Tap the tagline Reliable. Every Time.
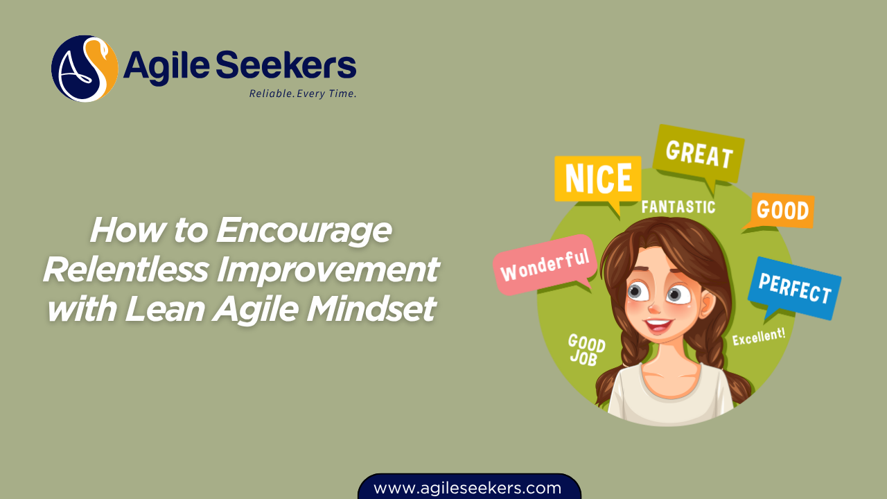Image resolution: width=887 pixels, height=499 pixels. click(x=303, y=94)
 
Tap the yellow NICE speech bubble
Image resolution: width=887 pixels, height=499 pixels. click(x=597, y=179)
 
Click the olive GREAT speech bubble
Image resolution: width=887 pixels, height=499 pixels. click(x=699, y=153)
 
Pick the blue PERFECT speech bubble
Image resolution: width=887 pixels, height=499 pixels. click(x=794, y=288)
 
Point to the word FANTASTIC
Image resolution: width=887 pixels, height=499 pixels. click(x=678, y=207)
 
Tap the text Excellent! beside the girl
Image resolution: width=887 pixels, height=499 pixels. click(x=759, y=336)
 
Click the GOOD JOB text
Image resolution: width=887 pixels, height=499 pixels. click(x=586, y=349)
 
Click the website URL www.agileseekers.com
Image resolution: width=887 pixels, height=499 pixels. click(x=468, y=488)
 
